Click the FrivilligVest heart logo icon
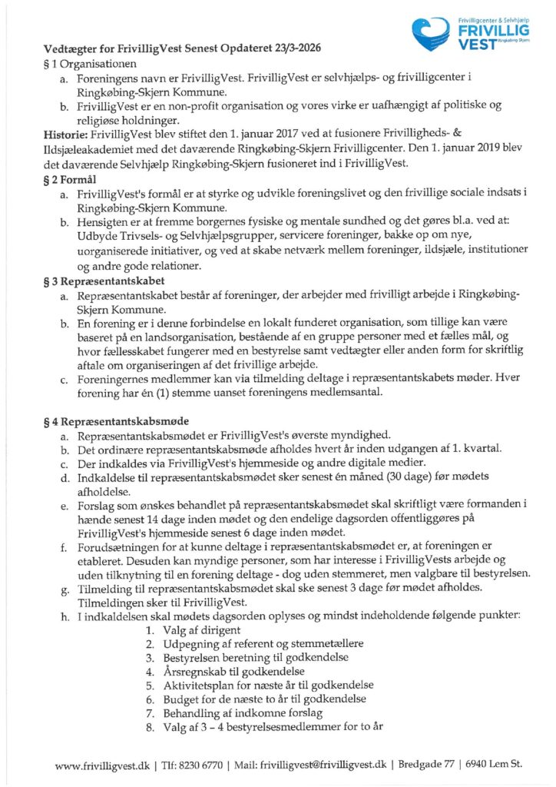pos(432,32)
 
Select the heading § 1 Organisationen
pos(91,63)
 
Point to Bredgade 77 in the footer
pos(430,765)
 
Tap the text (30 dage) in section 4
pos(345,478)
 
